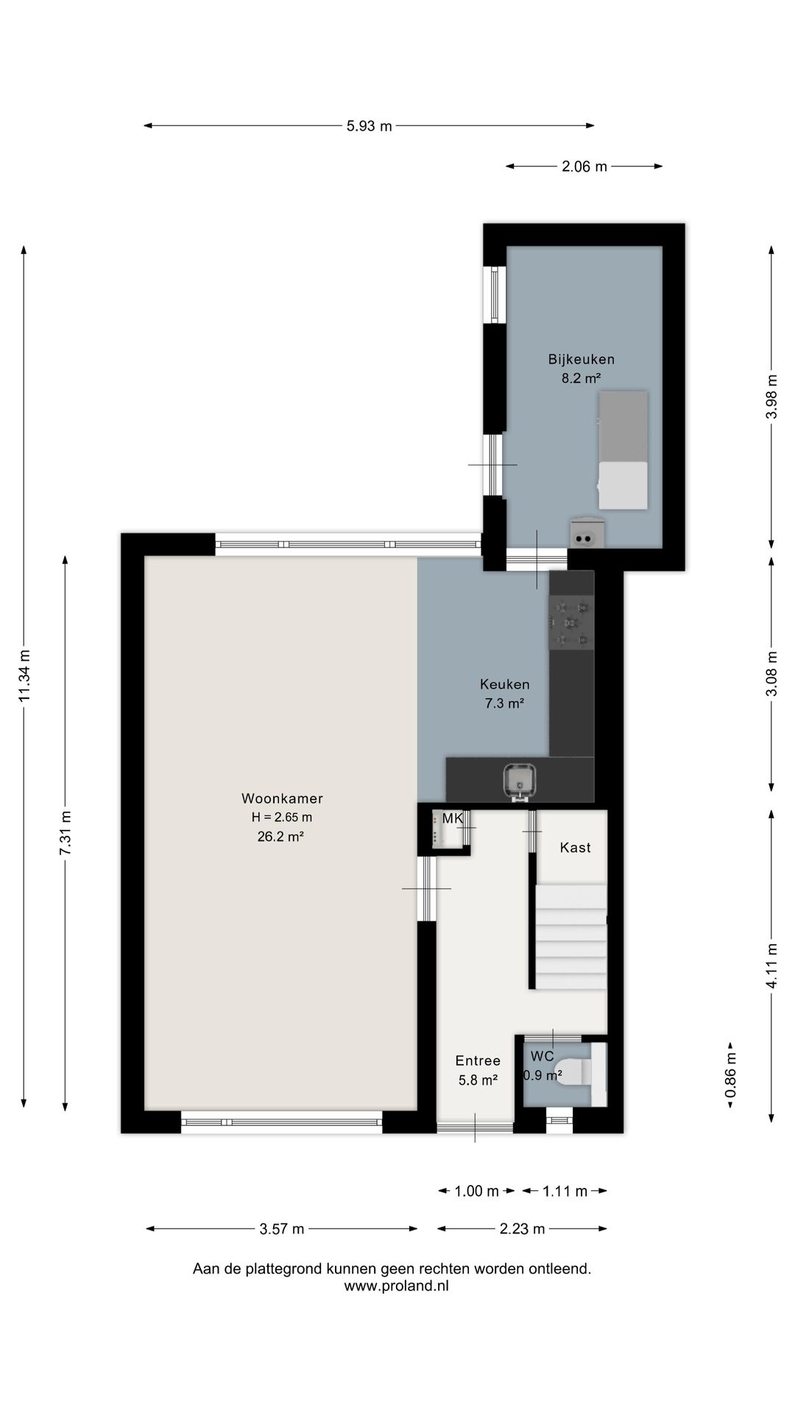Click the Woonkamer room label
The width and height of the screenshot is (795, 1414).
point(282,798)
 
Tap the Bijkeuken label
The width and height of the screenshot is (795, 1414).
point(581,359)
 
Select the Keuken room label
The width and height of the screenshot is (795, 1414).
point(504,684)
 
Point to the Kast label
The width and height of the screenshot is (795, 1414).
point(575,848)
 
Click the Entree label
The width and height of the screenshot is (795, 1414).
point(478,1060)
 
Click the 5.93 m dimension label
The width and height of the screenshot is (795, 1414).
point(369,126)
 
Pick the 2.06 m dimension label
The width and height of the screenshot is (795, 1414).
point(584,166)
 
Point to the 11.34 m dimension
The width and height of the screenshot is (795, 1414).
point(25,676)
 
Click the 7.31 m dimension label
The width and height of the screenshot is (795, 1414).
point(66,833)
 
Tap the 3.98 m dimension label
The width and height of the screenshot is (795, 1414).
point(771,397)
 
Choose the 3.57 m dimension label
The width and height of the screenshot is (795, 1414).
point(282,1228)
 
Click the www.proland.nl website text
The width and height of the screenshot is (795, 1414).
point(396,1286)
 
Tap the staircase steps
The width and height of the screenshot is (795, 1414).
point(571,938)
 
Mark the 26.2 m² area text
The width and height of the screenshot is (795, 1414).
point(280,836)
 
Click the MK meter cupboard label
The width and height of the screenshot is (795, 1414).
point(453,818)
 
